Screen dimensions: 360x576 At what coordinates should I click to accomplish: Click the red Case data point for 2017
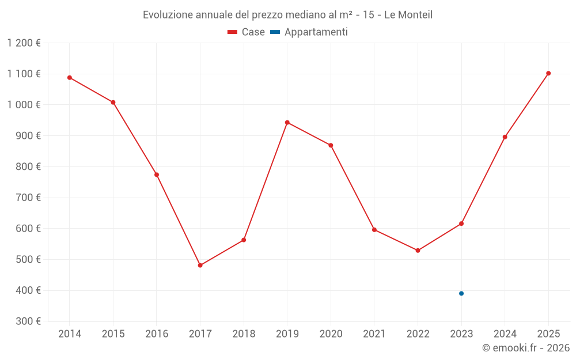point(200,266)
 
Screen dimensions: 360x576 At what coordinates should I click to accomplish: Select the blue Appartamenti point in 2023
point(461,293)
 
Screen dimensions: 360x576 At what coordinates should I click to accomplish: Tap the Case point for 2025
point(548,73)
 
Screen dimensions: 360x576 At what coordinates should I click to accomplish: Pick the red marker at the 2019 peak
point(287,122)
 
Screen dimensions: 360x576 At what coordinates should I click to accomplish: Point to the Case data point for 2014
point(70,78)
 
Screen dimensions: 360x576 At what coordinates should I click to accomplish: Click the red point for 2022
point(418,251)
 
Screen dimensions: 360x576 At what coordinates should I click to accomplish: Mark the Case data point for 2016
point(157,175)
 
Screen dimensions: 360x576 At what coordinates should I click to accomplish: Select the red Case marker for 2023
point(461,223)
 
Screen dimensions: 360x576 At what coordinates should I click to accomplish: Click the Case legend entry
point(247,32)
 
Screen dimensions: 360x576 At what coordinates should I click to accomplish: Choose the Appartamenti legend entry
point(309,32)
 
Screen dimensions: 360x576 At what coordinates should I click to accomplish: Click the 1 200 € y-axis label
point(24,43)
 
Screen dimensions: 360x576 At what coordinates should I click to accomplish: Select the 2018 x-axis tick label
point(244,334)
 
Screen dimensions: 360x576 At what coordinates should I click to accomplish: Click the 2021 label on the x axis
point(374,334)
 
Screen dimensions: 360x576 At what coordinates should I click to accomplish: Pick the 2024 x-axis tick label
point(505,334)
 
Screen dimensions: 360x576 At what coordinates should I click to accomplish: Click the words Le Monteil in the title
point(408,15)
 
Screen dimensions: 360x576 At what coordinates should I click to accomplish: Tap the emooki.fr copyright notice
point(525,348)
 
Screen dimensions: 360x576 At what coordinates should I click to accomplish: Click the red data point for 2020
point(331,145)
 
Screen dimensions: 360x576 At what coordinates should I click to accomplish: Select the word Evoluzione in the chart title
point(168,15)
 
